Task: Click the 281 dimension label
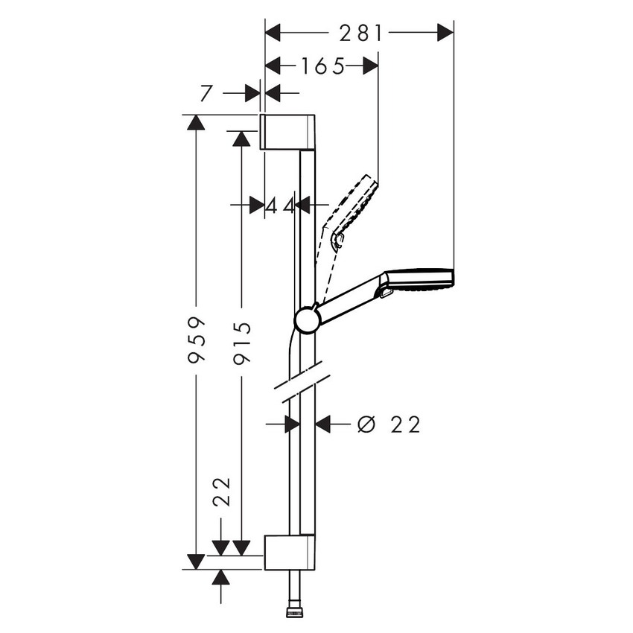click(360, 33)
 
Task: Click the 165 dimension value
click(323, 67)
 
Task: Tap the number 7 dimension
click(207, 93)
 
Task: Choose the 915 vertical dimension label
click(241, 342)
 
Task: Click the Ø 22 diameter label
click(389, 424)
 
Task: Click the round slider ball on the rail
click(307, 319)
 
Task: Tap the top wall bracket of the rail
click(288, 132)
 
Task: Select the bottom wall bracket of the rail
click(289, 552)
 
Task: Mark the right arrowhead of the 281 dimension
click(445, 33)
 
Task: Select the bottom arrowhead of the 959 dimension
click(196, 562)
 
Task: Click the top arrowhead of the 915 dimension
click(241, 139)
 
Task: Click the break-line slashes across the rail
click(301, 380)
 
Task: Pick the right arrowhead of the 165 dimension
click(371, 67)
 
